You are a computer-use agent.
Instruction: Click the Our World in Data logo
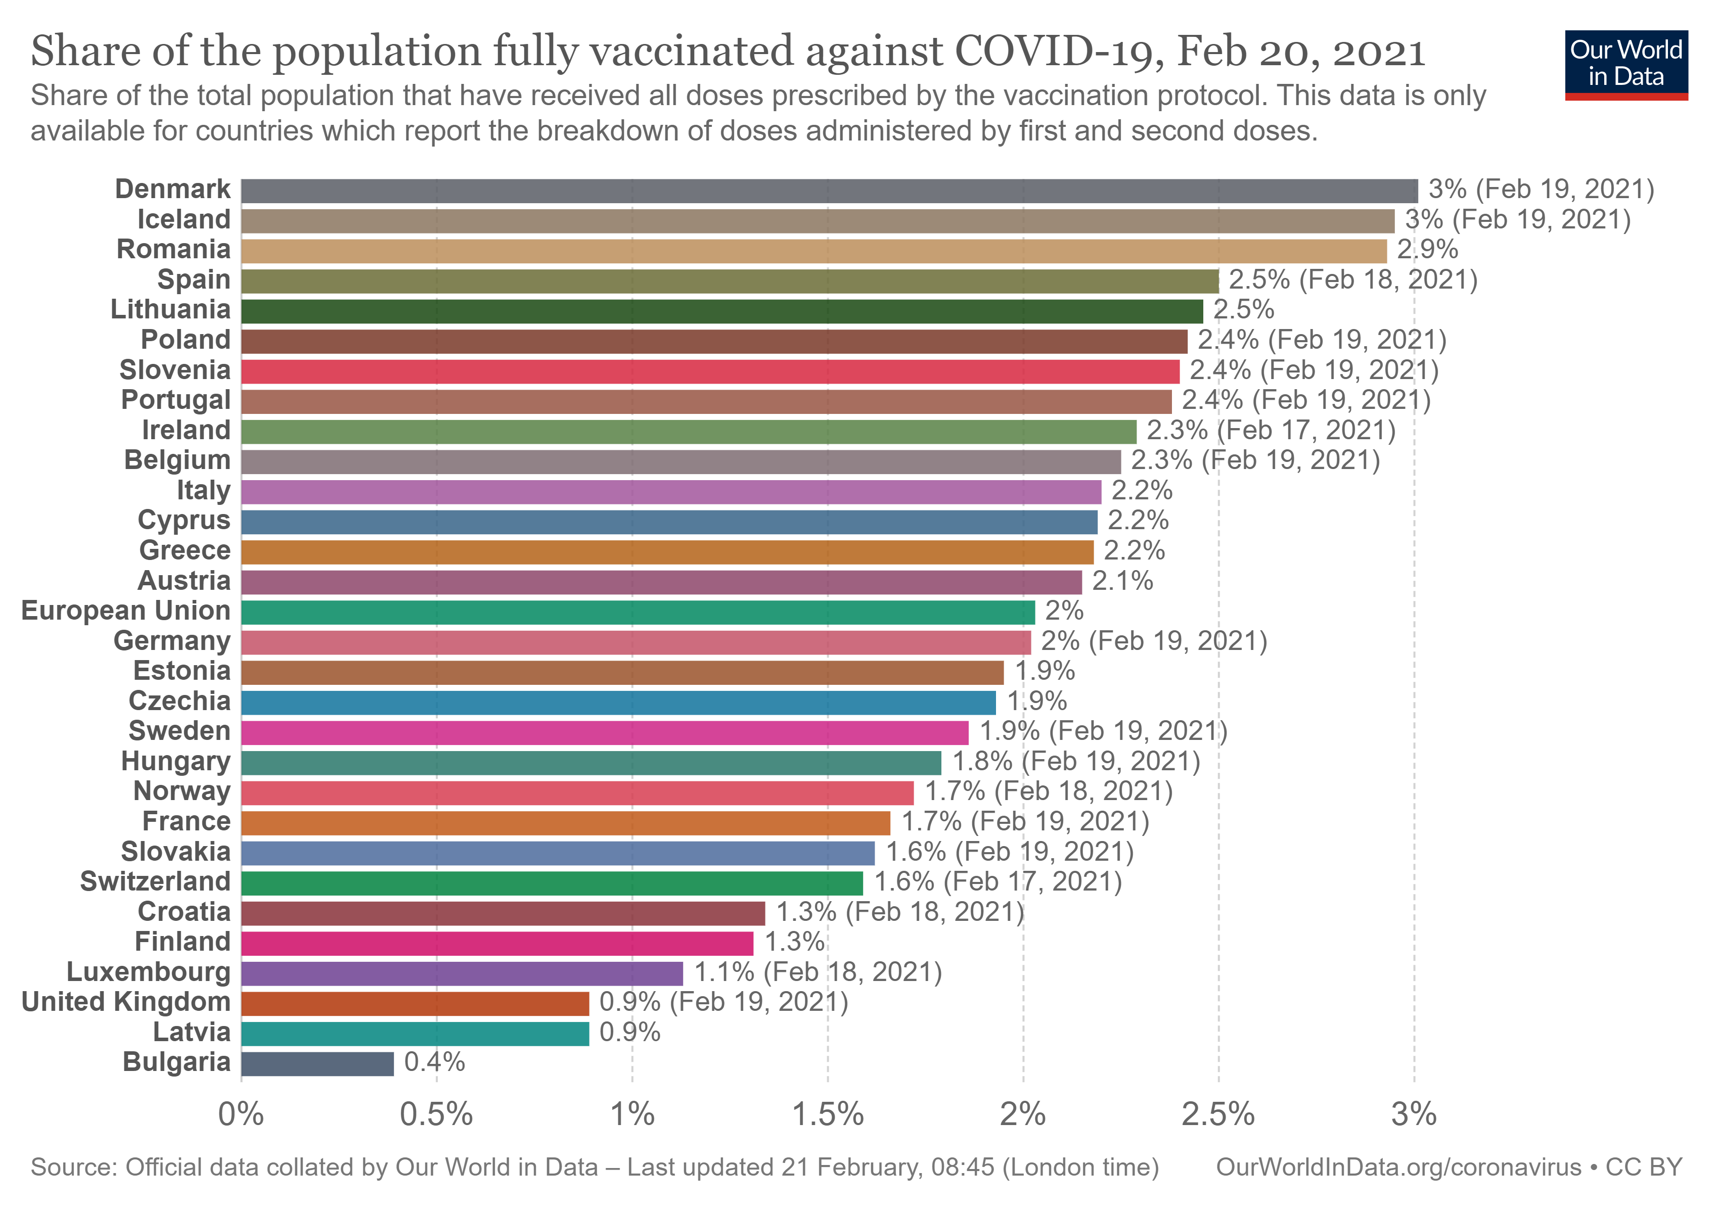tap(1625, 64)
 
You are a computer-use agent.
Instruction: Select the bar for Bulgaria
tap(318, 1063)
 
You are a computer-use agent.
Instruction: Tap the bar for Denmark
tap(829, 191)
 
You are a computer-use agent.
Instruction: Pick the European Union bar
tap(638, 612)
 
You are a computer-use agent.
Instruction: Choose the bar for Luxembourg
tap(462, 973)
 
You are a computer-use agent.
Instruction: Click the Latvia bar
tap(415, 1034)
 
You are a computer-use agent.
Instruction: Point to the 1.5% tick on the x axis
tap(828, 1114)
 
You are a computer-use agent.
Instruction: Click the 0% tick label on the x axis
tap(241, 1114)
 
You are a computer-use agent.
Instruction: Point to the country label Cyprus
tap(184, 521)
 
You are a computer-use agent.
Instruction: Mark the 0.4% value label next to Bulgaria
tap(434, 1062)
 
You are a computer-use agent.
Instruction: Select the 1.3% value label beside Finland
tap(794, 942)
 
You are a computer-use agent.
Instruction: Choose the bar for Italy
tap(671, 492)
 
